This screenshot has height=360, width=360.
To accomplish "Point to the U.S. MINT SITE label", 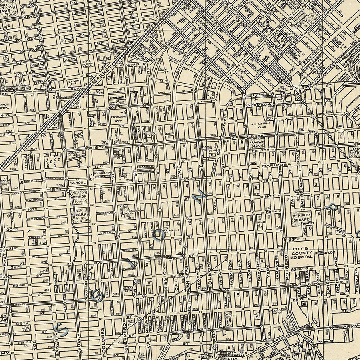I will (75, 82).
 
